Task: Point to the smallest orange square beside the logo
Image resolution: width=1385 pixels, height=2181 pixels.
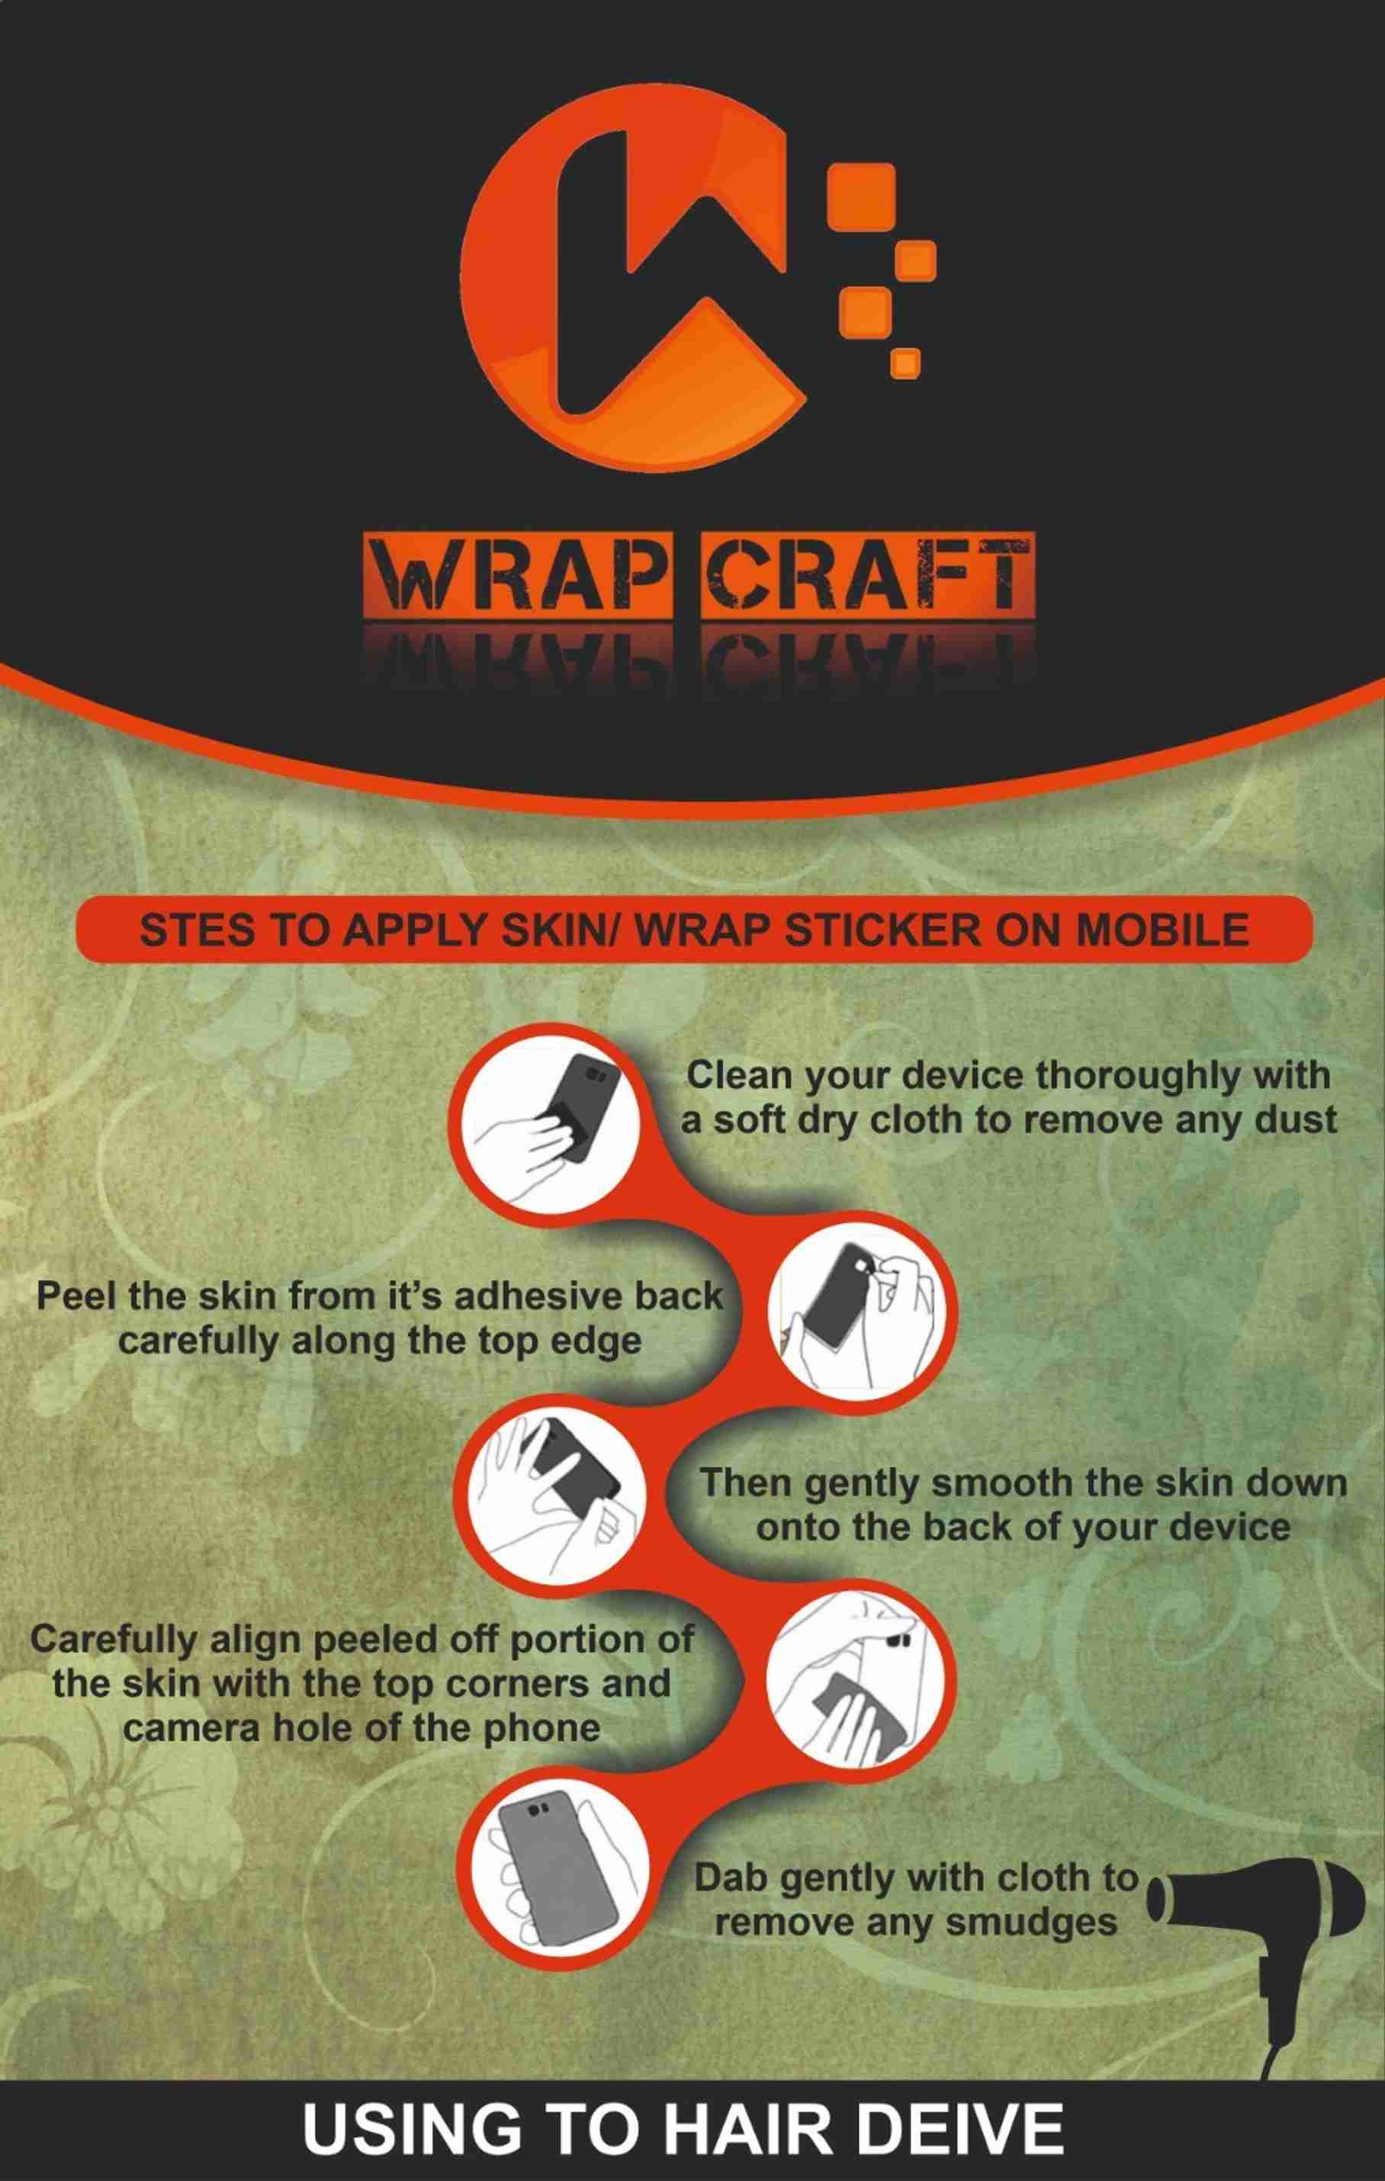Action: point(905,362)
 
